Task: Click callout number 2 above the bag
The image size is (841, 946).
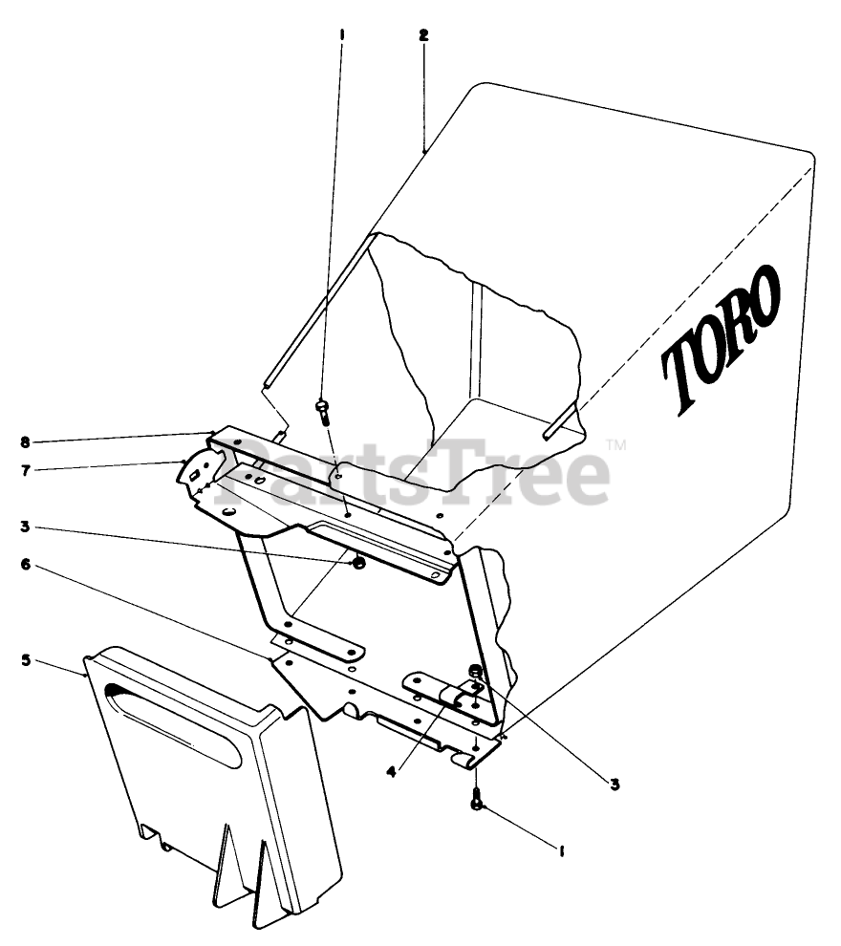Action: (x=423, y=35)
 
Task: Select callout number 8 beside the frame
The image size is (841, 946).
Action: (x=25, y=441)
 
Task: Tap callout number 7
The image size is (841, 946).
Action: (x=25, y=468)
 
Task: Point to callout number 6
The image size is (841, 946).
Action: (x=25, y=565)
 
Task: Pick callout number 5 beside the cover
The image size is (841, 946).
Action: (x=25, y=659)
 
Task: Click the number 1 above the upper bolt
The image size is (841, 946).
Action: (x=341, y=35)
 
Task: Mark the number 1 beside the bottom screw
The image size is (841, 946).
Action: (x=562, y=847)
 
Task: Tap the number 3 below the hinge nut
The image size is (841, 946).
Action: (x=615, y=785)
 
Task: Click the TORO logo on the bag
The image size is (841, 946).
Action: (x=722, y=337)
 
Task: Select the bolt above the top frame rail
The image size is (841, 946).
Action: (x=321, y=411)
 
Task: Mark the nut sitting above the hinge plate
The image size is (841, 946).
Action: (x=475, y=673)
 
